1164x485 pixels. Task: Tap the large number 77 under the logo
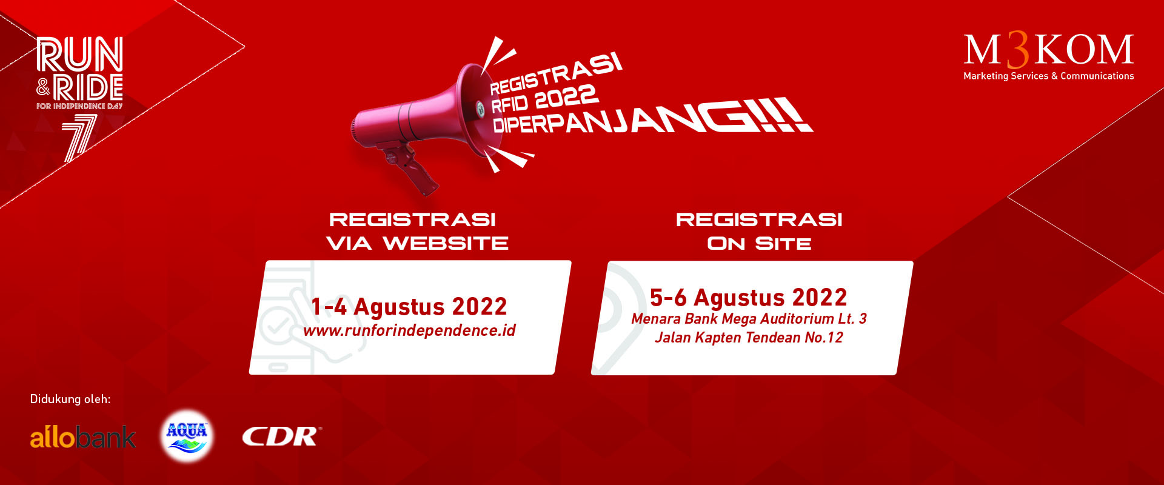(80, 138)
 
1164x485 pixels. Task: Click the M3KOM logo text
(1048, 50)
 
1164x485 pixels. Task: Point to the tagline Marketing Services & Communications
(1048, 76)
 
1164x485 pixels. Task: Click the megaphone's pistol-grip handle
(412, 167)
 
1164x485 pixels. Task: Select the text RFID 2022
(544, 99)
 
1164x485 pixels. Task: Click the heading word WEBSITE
(446, 244)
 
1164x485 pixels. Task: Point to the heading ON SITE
(759, 244)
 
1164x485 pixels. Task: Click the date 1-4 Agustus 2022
(409, 307)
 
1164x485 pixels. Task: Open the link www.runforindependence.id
(409, 330)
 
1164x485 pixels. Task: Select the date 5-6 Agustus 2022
(748, 298)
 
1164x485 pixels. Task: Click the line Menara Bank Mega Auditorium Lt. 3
(749, 319)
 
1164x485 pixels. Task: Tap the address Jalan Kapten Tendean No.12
(749, 338)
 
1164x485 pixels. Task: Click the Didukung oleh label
(70, 399)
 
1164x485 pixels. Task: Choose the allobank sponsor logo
(83, 437)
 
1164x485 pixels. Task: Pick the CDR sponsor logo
(282, 436)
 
